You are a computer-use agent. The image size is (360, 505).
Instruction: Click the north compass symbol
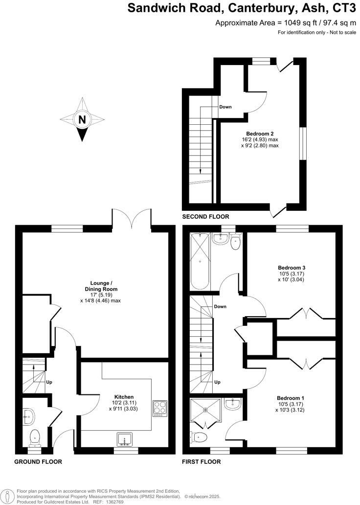[82, 119]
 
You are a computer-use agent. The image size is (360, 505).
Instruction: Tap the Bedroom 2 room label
[259, 134]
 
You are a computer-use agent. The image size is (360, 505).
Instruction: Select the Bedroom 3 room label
[292, 268]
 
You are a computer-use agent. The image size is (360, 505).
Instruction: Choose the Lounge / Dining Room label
[102, 286]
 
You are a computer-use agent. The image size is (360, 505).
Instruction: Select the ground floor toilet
[36, 436]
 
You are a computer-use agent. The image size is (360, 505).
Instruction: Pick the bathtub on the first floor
[199, 262]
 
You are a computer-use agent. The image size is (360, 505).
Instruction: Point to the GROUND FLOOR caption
[38, 461]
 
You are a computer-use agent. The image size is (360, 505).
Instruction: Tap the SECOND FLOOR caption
[205, 216]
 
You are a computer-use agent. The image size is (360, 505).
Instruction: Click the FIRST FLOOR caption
[201, 461]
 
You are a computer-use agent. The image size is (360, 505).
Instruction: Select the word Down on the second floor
[225, 107]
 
